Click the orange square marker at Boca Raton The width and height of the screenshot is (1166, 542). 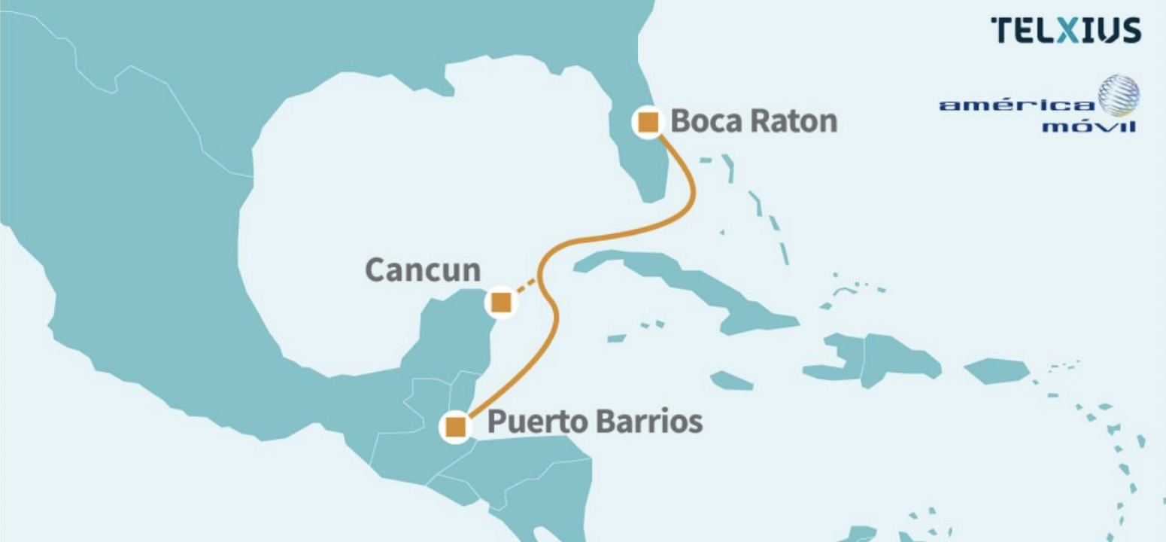point(648,122)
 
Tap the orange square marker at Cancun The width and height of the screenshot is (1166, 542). point(502,303)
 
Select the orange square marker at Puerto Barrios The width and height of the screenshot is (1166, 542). point(455,427)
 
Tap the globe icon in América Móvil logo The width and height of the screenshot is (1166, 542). point(1119,96)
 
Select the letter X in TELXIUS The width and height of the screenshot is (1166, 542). point(1065,31)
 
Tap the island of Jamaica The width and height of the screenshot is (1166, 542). point(730,381)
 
